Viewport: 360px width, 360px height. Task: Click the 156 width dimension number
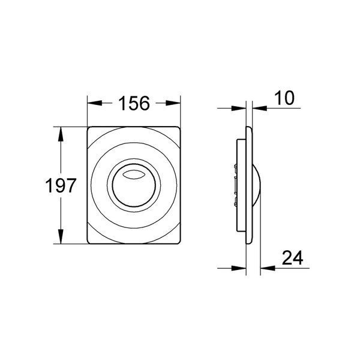pyautogui.click(x=134, y=103)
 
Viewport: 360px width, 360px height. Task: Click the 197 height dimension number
pyautogui.click(x=61, y=185)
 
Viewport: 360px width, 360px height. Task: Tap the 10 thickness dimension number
pyautogui.click(x=284, y=98)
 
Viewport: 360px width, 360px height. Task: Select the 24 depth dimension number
pyautogui.click(x=292, y=258)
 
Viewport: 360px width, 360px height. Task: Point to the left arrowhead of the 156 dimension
pyautogui.click(x=94, y=103)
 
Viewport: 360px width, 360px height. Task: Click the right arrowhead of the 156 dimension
pyautogui.click(x=173, y=103)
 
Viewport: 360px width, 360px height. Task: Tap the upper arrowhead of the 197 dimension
pyautogui.click(x=61, y=134)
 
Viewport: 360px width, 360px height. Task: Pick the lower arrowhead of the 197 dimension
pyautogui.click(x=61, y=236)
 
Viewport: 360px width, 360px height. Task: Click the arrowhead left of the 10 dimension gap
pyautogui.click(x=239, y=108)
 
